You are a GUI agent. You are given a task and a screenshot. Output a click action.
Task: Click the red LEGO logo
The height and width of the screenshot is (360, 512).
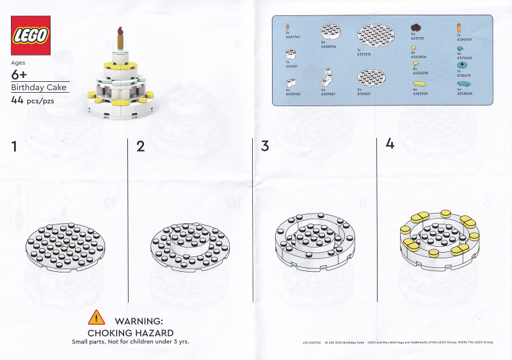[31, 36]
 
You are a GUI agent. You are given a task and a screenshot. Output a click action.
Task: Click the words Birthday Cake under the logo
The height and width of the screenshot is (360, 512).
[38, 88]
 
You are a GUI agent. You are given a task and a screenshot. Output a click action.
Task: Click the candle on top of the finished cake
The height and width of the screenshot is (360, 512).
[118, 38]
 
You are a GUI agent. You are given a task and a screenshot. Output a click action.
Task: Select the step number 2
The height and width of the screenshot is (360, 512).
[141, 146]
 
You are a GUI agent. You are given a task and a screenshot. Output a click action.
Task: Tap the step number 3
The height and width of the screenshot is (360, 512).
[265, 146]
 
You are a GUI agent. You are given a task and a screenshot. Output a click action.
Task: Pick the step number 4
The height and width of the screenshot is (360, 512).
[390, 144]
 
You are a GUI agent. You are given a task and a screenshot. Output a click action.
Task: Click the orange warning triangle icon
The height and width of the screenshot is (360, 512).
[97, 317]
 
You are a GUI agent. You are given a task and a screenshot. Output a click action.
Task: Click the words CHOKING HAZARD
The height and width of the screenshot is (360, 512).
[131, 333]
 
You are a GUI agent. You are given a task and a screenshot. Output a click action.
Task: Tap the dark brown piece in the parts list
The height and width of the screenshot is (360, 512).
[416, 27]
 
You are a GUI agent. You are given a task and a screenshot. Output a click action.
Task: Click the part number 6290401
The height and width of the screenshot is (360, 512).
[465, 39]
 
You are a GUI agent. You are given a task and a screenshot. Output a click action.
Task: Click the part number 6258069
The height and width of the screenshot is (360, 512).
[465, 93]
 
